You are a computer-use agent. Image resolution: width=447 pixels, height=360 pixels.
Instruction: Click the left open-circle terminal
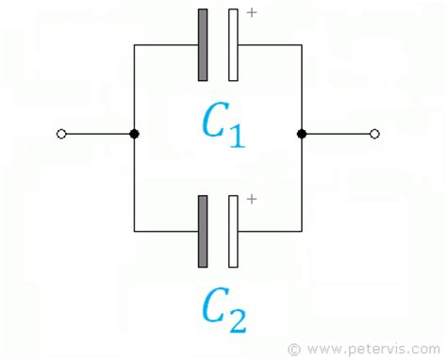click(x=61, y=135)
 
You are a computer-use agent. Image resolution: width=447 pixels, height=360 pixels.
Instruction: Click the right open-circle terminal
click(x=374, y=135)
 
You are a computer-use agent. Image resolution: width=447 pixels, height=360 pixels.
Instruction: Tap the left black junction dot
click(x=134, y=135)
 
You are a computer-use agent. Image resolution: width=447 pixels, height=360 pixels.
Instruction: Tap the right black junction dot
click(x=302, y=135)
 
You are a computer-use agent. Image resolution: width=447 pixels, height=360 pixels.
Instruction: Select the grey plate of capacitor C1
click(x=203, y=44)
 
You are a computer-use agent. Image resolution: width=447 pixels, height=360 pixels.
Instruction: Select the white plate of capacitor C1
click(x=233, y=44)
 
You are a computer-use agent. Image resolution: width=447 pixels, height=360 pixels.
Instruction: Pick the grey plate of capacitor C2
click(x=203, y=231)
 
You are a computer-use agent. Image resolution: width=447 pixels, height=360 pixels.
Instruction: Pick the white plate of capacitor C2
click(x=233, y=231)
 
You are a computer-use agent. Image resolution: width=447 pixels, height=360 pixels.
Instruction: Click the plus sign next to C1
click(x=251, y=13)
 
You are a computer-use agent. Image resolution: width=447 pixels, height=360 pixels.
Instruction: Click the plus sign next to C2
click(x=251, y=200)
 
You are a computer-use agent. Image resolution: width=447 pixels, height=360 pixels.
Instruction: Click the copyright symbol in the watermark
click(x=293, y=348)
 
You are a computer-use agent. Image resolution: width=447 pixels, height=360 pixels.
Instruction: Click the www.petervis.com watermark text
click(x=372, y=348)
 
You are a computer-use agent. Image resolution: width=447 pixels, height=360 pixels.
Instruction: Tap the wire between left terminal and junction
click(x=98, y=135)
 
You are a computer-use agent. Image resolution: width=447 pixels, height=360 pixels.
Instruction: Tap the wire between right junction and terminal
click(x=338, y=135)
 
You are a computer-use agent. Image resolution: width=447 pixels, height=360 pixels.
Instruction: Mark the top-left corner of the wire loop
click(x=134, y=44)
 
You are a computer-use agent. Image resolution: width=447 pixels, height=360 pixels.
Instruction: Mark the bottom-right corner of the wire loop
click(x=302, y=231)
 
